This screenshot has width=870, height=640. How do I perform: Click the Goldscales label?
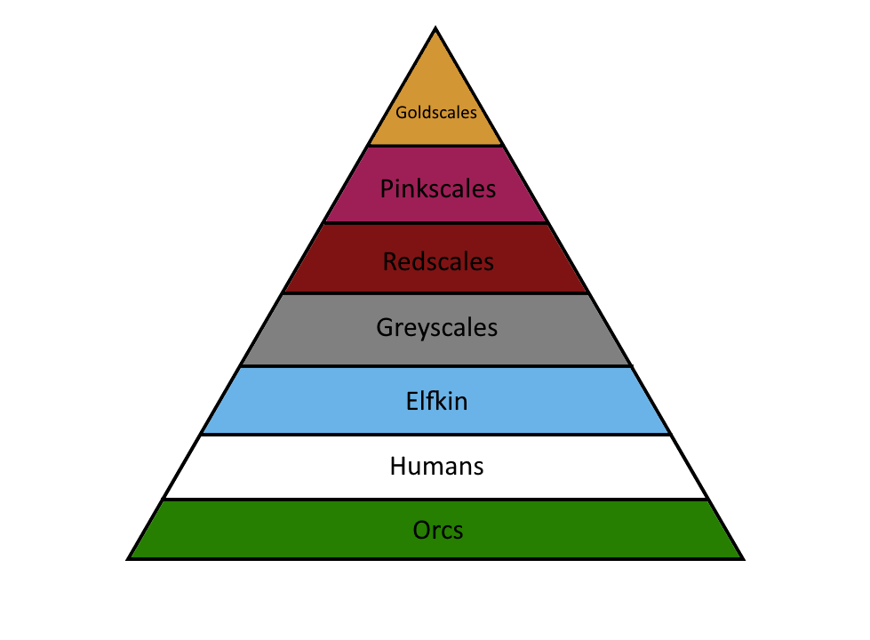[435, 113]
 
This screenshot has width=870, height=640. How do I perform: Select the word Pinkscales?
[437, 189]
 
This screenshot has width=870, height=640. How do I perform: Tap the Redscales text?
[437, 261]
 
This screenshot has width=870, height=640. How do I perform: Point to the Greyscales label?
[436, 328]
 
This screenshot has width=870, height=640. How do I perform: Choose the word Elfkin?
[435, 401]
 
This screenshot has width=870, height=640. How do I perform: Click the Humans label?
[436, 466]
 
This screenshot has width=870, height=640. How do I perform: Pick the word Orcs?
[438, 531]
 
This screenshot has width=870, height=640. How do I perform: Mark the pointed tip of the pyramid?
[435, 29]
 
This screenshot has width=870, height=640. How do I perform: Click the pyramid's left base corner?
[130, 558]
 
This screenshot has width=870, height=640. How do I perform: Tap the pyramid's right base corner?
[742, 558]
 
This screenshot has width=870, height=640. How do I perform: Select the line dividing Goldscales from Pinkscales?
[435, 146]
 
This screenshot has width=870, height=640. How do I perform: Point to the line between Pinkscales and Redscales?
[435, 223]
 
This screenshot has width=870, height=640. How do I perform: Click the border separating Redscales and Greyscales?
[435, 293]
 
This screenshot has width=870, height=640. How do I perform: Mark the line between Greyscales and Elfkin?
[435, 366]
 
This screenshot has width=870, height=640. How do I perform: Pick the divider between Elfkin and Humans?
[435, 435]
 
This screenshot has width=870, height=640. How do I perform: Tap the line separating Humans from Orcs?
[435, 500]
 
